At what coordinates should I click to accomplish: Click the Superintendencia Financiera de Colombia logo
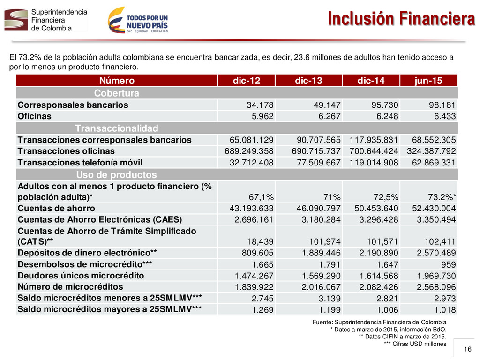coord(46,20)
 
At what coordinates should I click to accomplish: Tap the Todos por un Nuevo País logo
coord(138,20)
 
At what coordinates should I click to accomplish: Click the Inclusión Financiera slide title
coord(401,18)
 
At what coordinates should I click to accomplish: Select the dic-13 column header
coord(308,81)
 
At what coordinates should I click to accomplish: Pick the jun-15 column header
coord(428,81)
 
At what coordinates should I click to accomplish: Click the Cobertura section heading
coord(117,93)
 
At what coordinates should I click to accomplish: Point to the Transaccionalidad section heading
coord(117,128)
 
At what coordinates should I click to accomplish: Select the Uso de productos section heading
coord(117,174)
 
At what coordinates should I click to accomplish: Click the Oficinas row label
coord(35,116)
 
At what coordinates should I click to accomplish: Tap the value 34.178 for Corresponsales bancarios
coord(260,105)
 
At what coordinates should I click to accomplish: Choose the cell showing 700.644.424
coord(374,151)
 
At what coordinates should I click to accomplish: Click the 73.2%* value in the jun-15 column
coord(442,197)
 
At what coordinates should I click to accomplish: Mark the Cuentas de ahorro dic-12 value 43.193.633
coord(251,209)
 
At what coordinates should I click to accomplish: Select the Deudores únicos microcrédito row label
coord(81,276)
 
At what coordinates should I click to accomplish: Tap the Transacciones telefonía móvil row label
coord(80,163)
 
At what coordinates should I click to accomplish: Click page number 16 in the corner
coord(467,349)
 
